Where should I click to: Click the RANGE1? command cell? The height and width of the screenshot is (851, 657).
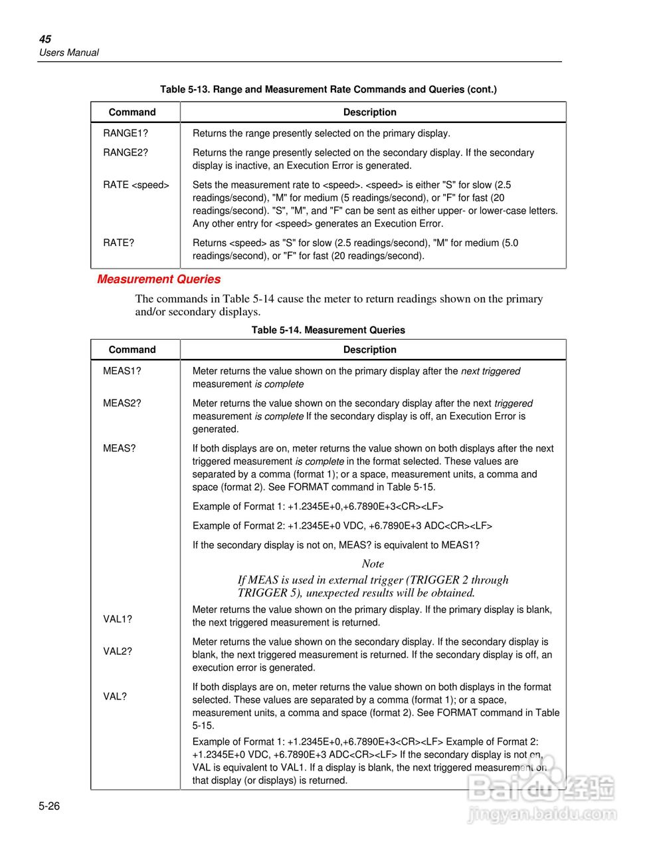pyautogui.click(x=126, y=133)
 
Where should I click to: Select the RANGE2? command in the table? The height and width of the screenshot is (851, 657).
pyautogui.click(x=126, y=152)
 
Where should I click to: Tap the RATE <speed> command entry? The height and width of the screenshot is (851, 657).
pyautogui.click(x=136, y=185)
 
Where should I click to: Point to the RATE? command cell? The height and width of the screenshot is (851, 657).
pyautogui.click(x=118, y=243)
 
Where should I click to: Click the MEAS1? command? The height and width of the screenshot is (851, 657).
pyautogui.click(x=122, y=371)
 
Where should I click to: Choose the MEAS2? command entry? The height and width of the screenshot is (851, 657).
pyautogui.click(x=122, y=403)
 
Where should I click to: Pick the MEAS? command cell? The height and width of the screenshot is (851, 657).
pyautogui.click(x=119, y=448)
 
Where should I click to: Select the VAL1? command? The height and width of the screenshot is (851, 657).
pyautogui.click(x=118, y=619)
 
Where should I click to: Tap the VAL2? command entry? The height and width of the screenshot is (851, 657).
pyautogui.click(x=118, y=651)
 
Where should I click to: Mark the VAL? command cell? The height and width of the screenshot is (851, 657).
pyautogui.click(x=114, y=696)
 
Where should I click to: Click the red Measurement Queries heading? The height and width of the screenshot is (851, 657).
pyautogui.click(x=159, y=279)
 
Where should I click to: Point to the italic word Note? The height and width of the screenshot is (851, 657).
pyautogui.click(x=373, y=564)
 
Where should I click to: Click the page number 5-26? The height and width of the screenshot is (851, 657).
pyautogui.click(x=49, y=806)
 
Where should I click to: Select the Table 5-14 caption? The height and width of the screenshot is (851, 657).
pyautogui.click(x=328, y=330)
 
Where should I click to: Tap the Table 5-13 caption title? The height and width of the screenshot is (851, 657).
pyautogui.click(x=328, y=89)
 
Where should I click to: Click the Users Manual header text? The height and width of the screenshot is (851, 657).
pyautogui.click(x=68, y=53)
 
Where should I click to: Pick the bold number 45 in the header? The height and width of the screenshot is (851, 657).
pyautogui.click(x=45, y=39)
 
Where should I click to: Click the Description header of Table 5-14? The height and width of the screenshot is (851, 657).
pyautogui.click(x=369, y=350)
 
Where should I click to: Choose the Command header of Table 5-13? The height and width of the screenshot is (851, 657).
pyautogui.click(x=132, y=112)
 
